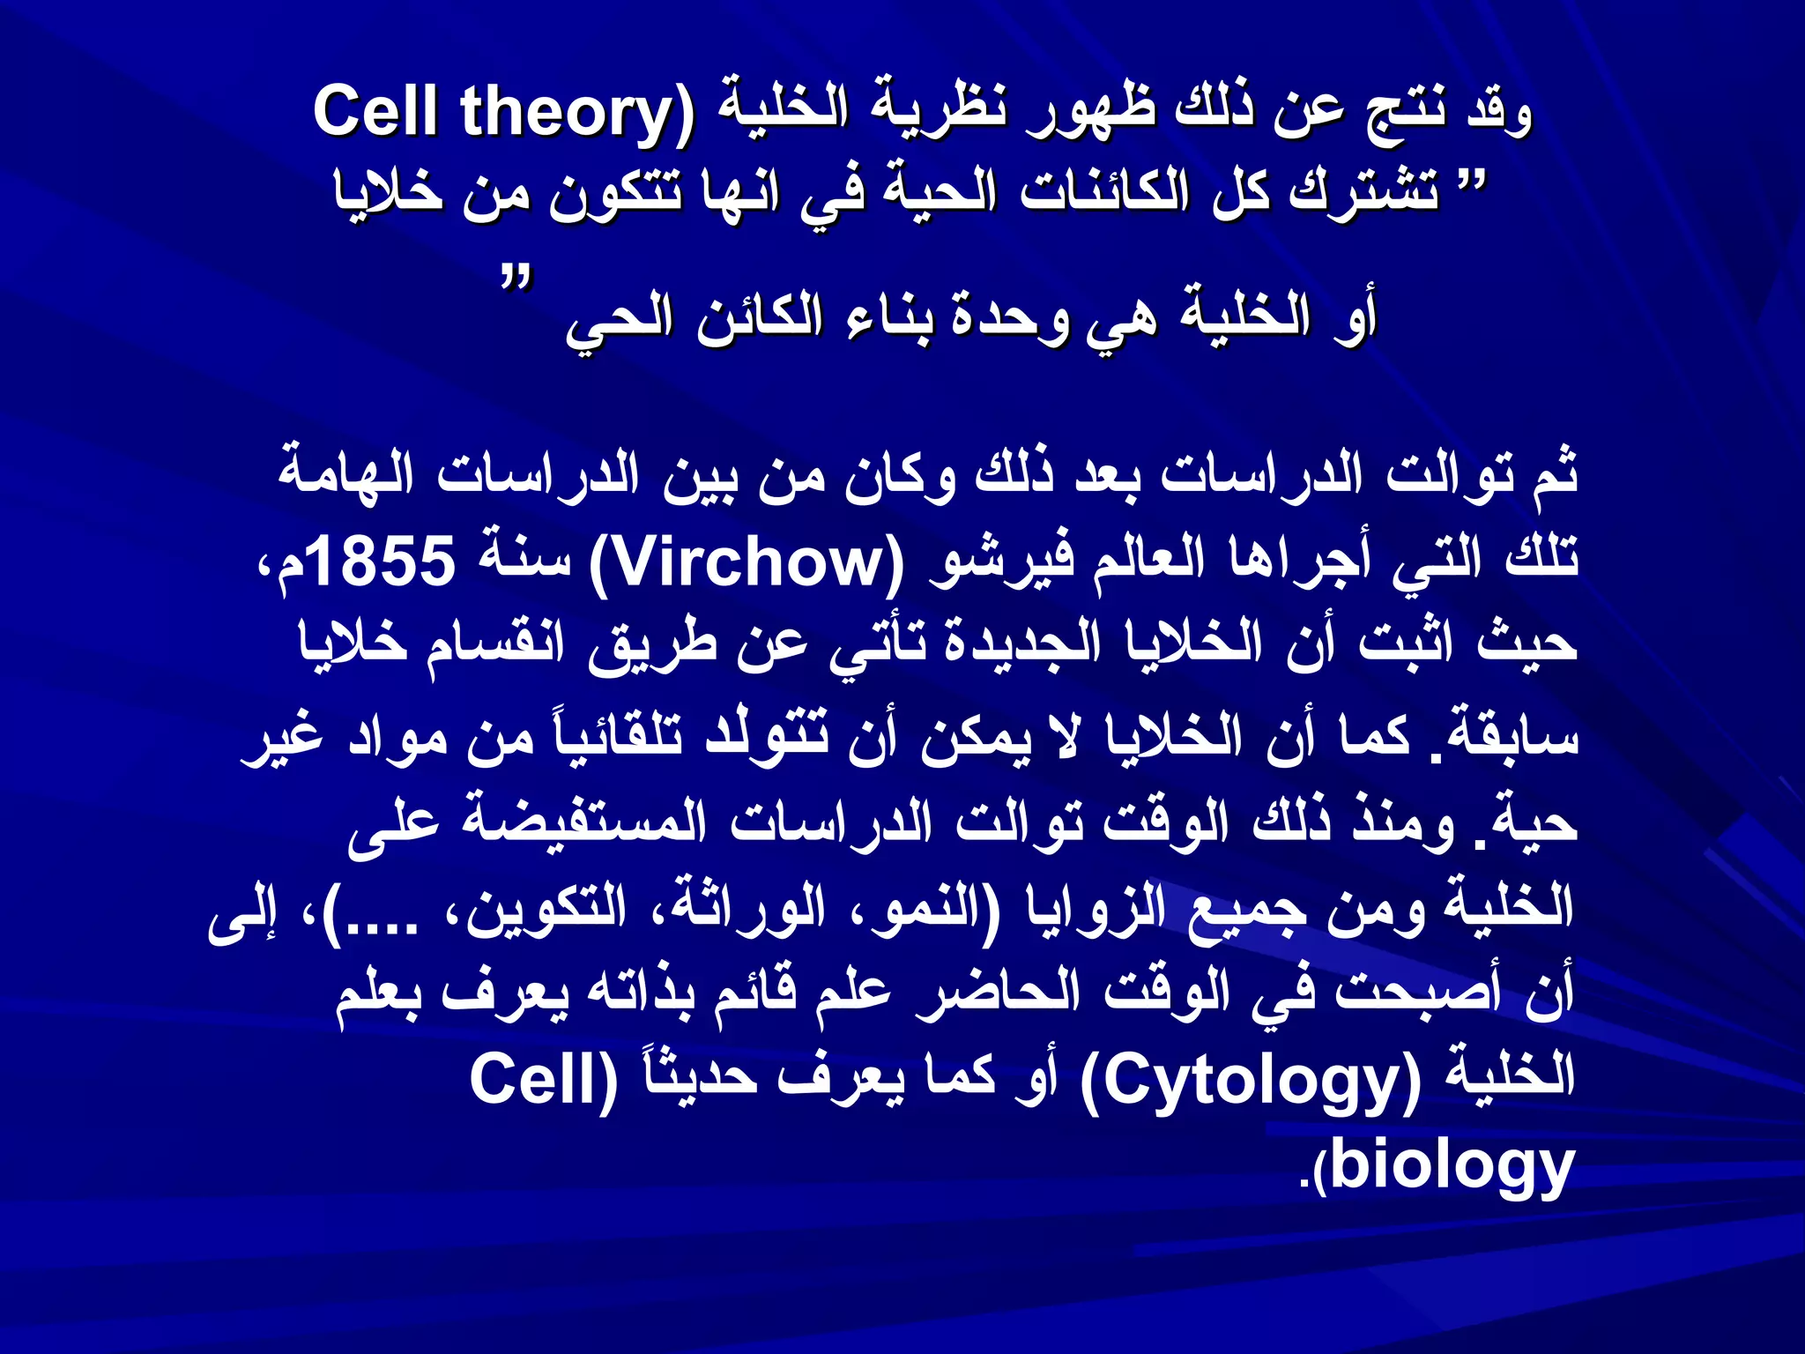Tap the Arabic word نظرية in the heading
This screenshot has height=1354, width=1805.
(x=938, y=113)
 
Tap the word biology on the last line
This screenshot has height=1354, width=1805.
(x=1451, y=1165)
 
